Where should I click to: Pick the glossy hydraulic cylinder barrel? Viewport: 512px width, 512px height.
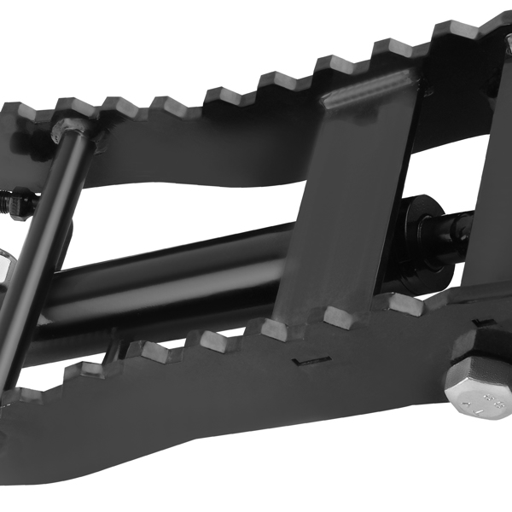click(171, 277)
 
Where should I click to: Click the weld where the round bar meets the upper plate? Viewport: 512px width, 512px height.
click(73, 130)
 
